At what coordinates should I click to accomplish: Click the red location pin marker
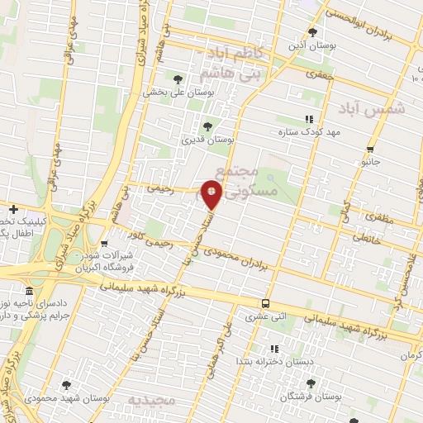click(212, 194)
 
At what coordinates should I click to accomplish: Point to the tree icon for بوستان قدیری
click(207, 126)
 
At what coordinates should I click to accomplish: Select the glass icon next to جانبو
click(370, 151)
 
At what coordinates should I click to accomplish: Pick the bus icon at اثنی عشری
click(265, 303)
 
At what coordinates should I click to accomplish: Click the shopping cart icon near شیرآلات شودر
click(104, 244)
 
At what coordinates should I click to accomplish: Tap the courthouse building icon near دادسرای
click(30, 292)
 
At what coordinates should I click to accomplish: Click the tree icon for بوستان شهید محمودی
click(66, 385)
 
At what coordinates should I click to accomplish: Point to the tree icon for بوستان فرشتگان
click(311, 384)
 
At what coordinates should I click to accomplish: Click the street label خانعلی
click(368, 236)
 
